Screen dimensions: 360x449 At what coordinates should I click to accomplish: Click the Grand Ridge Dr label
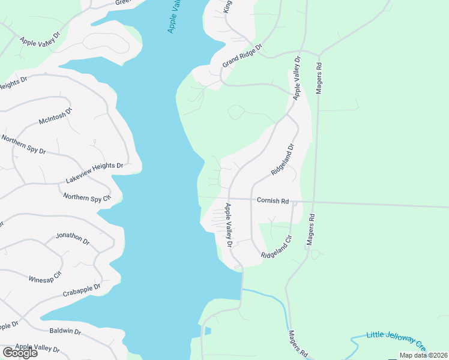243,55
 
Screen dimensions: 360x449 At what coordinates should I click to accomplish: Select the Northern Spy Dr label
23,145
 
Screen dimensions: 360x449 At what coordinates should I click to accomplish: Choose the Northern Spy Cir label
88,197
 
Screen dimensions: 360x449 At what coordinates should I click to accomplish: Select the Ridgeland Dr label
283,159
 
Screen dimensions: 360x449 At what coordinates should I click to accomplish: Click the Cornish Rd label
273,201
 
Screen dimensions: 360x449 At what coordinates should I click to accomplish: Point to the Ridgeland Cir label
276,247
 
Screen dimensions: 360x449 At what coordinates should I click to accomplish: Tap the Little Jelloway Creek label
396,340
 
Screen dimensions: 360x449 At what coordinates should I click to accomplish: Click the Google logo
20,353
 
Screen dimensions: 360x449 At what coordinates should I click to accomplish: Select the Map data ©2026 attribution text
423,355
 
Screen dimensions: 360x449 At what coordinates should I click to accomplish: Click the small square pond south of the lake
207,331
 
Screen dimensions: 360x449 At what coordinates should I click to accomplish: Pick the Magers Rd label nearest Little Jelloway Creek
298,344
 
